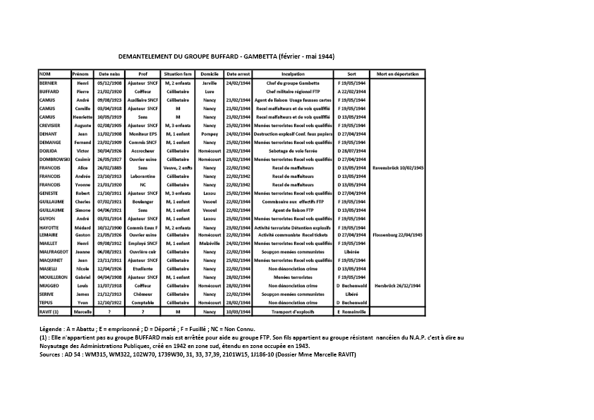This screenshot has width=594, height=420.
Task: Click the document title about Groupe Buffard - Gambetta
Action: tap(226, 56)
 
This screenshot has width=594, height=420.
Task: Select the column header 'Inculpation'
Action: tap(293, 74)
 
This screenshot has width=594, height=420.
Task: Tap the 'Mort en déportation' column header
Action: tap(397, 74)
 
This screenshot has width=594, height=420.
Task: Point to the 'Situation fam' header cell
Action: tap(177, 74)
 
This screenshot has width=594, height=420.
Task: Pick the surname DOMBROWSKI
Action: tap(52, 160)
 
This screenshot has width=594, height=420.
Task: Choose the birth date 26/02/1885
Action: tap(109, 168)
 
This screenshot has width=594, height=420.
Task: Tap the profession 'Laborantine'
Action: tap(143, 176)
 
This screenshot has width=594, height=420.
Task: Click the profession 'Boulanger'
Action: tap(143, 202)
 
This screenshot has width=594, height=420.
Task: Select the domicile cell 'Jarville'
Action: tap(209, 83)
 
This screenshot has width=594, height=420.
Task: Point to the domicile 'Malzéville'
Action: tap(209, 243)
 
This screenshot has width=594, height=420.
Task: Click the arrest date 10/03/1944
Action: tap(239, 311)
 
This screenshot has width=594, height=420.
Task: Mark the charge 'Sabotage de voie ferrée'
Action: tap(293, 151)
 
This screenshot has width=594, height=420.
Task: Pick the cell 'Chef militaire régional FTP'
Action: tap(293, 92)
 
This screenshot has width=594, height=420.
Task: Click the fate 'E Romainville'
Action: tap(351, 311)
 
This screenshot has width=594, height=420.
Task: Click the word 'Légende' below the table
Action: tap(52, 329)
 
